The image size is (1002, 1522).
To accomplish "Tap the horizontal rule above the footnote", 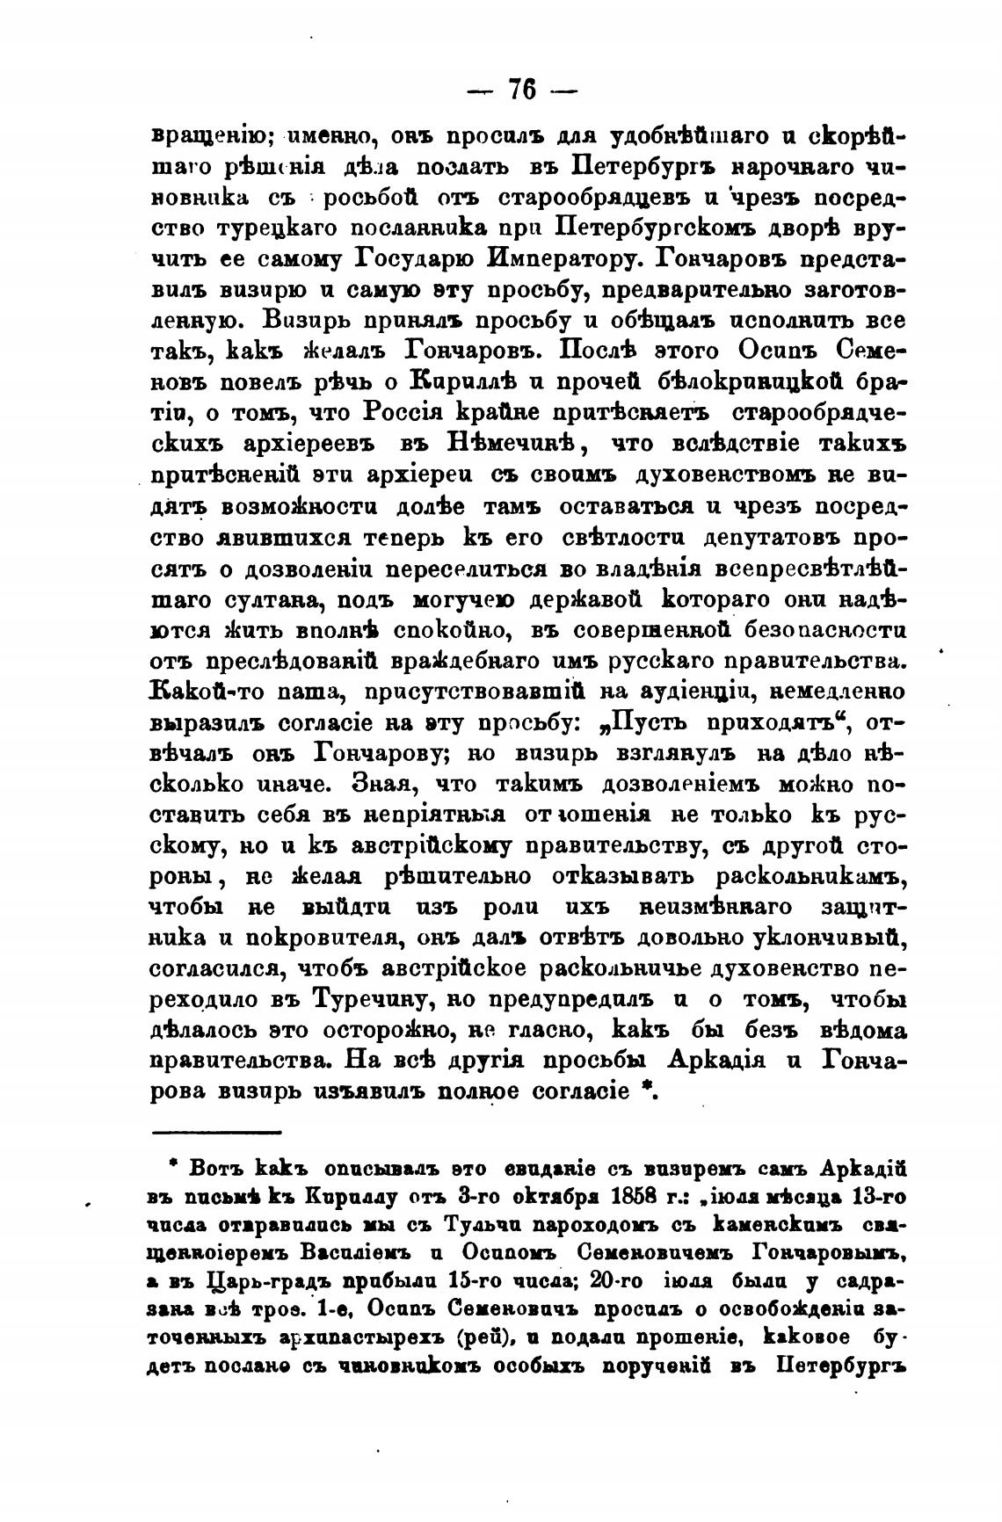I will pyautogui.click(x=217, y=1133).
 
